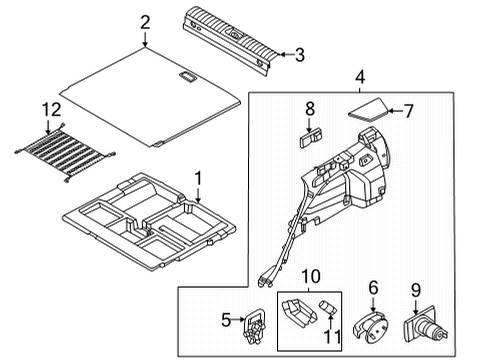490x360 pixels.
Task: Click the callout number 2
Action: [x=145, y=23]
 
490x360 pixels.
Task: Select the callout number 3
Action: [x=300, y=55]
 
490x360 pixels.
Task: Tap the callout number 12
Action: [x=52, y=109]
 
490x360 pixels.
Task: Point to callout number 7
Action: [x=408, y=111]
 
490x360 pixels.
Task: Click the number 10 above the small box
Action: [x=311, y=276]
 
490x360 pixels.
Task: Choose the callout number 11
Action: [x=333, y=336]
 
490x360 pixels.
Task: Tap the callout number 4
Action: [x=360, y=77]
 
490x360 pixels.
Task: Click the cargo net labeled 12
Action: [x=64, y=153]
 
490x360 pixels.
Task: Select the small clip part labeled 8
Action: [x=311, y=138]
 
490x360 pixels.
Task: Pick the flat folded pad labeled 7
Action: [x=369, y=110]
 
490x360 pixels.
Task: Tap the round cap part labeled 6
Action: [x=371, y=328]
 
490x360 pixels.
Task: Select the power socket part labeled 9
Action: [x=426, y=326]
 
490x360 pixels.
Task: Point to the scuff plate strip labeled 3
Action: [x=230, y=40]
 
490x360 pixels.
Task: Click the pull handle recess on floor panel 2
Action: [x=188, y=76]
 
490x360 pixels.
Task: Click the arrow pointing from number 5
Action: [x=238, y=319]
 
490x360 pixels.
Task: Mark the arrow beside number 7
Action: [x=395, y=111]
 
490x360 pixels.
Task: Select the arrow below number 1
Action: [x=198, y=195]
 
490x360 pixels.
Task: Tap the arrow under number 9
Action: [x=416, y=307]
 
